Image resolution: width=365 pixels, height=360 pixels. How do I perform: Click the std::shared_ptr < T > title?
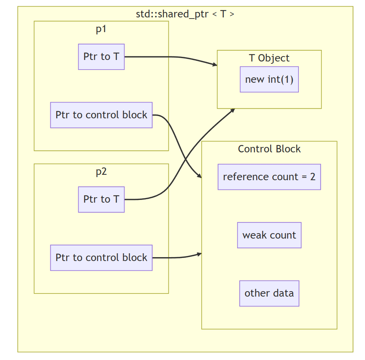tap(185, 14)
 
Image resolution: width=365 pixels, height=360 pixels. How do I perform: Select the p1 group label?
tap(101, 29)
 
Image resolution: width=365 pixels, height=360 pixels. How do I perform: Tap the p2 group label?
tap(101, 172)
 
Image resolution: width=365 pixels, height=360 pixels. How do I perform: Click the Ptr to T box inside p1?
tap(101, 57)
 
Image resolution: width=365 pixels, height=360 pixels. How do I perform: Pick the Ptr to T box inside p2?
tap(101, 200)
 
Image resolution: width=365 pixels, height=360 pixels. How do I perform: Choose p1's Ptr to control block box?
tap(101, 115)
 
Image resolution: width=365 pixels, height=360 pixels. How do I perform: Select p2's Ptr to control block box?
tap(101, 258)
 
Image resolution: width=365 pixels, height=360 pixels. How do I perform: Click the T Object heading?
tap(269, 58)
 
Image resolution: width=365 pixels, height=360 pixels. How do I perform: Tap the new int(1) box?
tap(269, 79)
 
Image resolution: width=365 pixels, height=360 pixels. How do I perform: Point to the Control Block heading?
tap(269, 149)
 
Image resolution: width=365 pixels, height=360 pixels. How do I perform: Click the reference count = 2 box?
tap(269, 177)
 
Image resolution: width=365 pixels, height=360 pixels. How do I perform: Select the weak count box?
tap(269, 235)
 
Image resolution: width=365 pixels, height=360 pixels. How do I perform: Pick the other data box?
tap(269, 293)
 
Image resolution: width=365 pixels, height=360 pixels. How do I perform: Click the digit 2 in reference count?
tap(313, 177)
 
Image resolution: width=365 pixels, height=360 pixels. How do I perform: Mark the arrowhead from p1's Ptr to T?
tap(215, 65)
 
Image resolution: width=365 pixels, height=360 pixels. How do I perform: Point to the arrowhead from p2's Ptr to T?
tap(233, 110)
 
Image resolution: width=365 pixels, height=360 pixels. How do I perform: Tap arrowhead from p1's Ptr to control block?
tap(199, 176)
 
